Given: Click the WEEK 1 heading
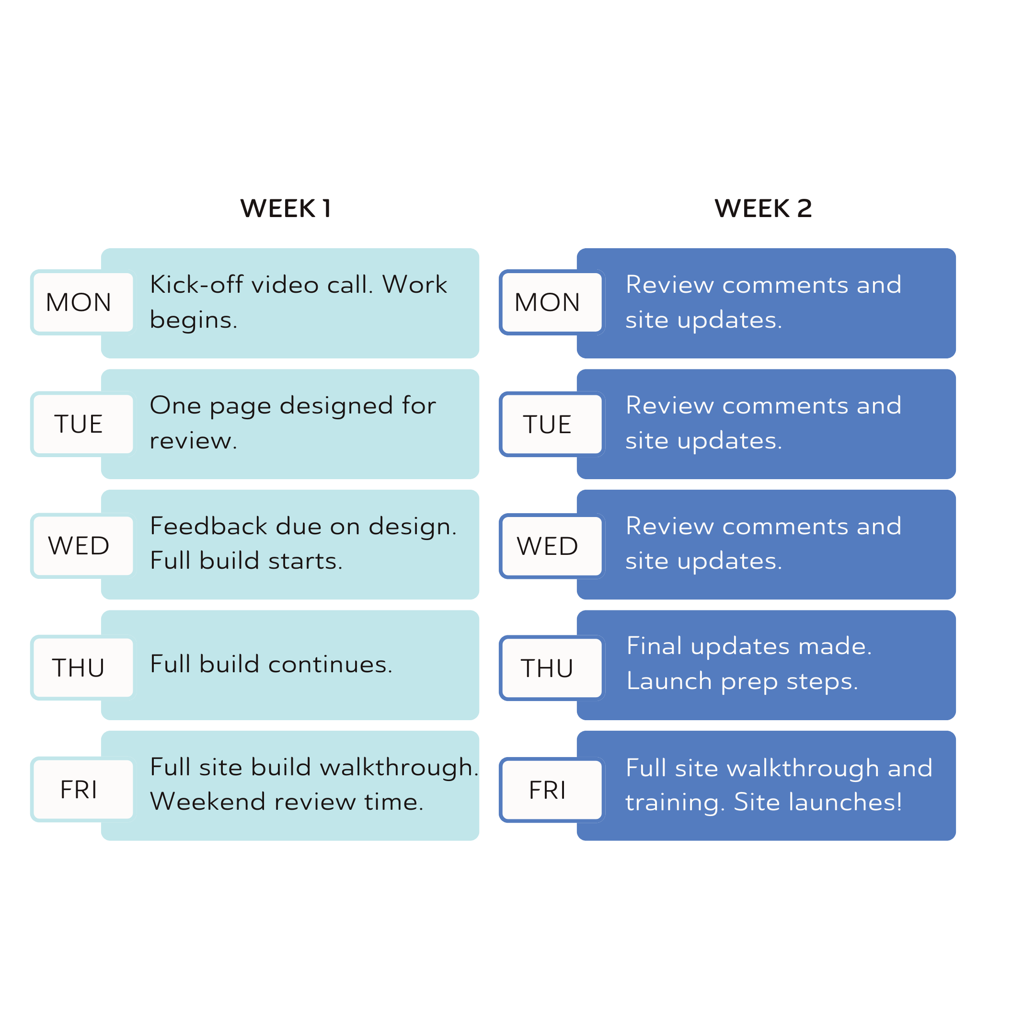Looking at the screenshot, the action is click(286, 208).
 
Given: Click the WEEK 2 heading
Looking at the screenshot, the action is click(763, 208).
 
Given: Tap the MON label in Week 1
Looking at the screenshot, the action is click(79, 303).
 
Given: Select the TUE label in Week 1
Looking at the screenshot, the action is click(79, 424).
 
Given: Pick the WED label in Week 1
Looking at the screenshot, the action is click(79, 546).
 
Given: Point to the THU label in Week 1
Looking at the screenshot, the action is click(79, 668).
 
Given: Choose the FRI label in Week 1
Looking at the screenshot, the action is click(79, 790).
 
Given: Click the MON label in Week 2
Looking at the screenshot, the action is click(547, 303).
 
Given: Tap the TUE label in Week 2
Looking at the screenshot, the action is click(547, 424).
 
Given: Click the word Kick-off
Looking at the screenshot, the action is click(196, 285).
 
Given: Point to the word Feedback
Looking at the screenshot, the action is click(208, 526).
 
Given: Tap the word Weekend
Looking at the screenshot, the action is click(208, 802).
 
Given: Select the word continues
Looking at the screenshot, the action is click(330, 664).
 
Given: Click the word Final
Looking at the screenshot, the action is click(654, 646).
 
